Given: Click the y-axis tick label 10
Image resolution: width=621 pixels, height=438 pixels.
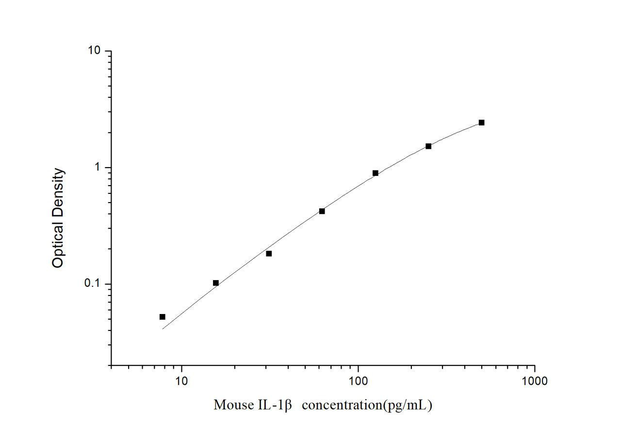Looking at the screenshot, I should [94, 51].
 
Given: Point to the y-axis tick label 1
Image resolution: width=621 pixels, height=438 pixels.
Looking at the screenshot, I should [97, 167].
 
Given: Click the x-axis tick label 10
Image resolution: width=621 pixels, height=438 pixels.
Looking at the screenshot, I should [181, 381].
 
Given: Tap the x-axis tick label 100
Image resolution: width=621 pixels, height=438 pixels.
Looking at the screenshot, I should [358, 381].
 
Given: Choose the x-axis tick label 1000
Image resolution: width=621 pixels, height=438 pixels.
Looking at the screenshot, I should [534, 381].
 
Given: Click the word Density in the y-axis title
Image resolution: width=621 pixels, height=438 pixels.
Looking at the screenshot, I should [58, 193].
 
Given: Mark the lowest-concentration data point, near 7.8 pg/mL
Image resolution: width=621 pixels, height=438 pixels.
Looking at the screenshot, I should [163, 317].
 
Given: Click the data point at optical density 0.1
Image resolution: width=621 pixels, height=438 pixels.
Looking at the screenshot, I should [216, 283].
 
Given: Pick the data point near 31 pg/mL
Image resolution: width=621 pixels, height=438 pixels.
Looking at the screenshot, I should [269, 253].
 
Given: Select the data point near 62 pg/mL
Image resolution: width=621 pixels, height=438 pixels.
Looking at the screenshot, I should [322, 211].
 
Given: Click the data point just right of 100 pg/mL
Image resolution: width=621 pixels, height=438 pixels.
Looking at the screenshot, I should [376, 173].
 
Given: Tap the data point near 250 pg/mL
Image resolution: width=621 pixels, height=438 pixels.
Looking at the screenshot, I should [428, 146].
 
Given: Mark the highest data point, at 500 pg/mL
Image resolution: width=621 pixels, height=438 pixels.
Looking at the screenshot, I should [481, 123].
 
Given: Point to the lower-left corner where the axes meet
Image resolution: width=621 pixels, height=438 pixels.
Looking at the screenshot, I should [111, 365].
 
